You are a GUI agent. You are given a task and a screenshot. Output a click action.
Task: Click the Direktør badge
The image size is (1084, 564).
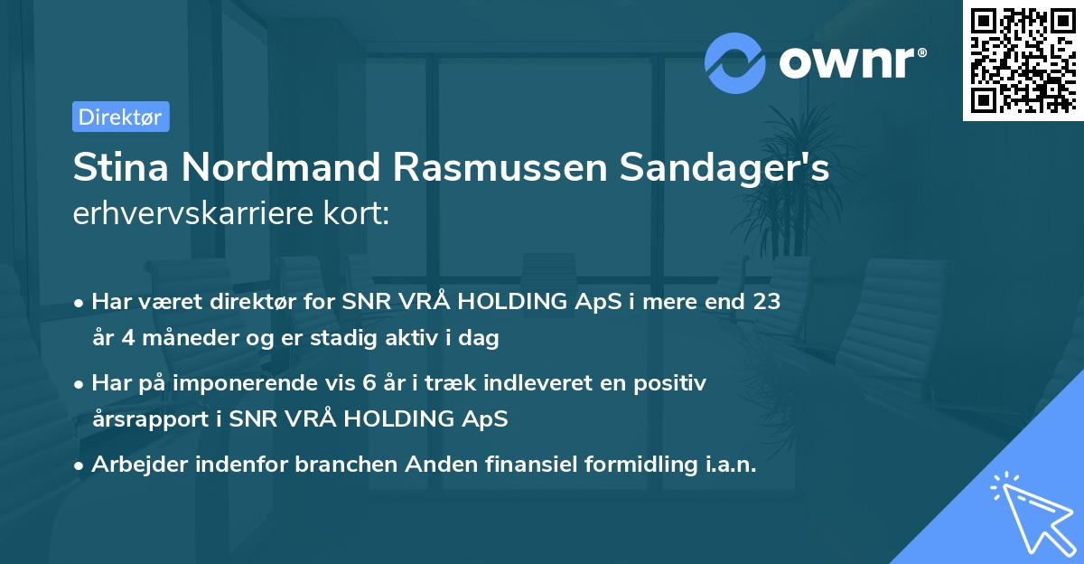120,117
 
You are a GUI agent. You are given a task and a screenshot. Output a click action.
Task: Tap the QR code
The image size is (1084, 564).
1023,61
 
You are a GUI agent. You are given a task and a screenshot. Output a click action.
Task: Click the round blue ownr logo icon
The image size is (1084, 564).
735,63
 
